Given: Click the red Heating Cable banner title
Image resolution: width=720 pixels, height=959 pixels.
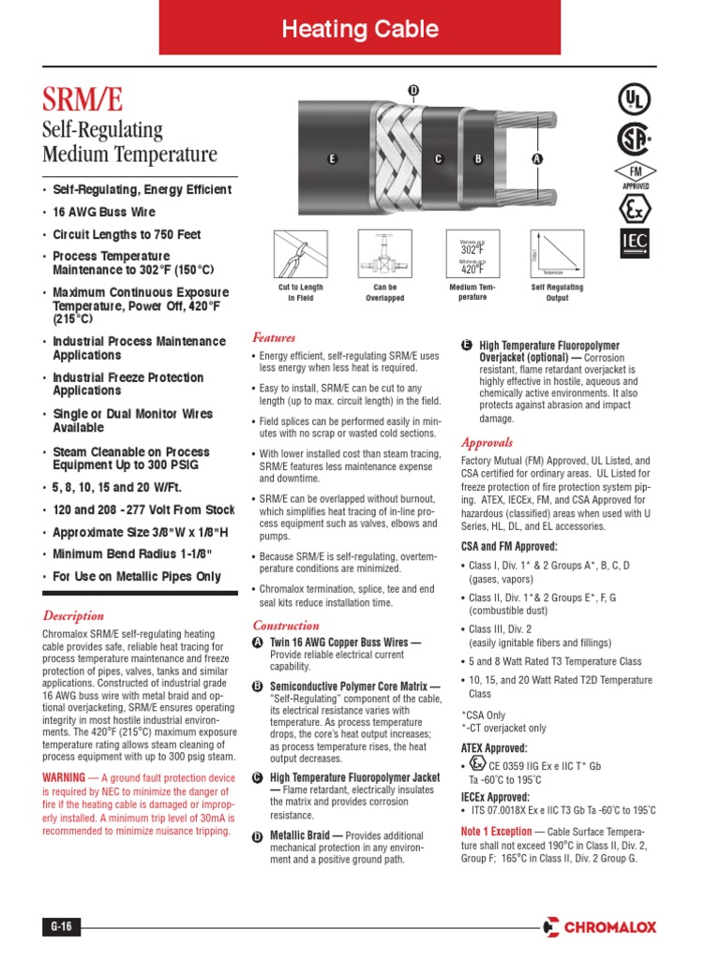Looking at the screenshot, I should [x=361, y=29].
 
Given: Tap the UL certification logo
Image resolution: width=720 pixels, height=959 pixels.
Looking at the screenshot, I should [x=633, y=99].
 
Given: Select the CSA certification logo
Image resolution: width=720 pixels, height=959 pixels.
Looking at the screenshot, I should [x=633, y=139].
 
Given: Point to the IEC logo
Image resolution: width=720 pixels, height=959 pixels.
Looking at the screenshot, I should [x=634, y=243].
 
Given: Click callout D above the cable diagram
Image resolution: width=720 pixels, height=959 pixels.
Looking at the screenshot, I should [x=412, y=90].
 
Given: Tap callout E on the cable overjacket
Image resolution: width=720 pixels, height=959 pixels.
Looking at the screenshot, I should [x=331, y=159].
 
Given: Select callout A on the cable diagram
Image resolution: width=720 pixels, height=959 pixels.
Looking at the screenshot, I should [x=537, y=159].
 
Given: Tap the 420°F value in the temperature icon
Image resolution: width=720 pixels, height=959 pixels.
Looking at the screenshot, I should [x=472, y=270].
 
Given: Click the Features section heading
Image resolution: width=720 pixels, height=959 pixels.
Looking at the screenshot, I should [x=274, y=337].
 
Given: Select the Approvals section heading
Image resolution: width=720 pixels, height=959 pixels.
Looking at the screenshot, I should [x=487, y=442].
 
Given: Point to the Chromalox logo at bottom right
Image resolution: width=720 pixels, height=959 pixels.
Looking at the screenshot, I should [x=599, y=927].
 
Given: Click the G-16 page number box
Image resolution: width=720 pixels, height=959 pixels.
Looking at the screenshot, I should [x=61, y=927].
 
